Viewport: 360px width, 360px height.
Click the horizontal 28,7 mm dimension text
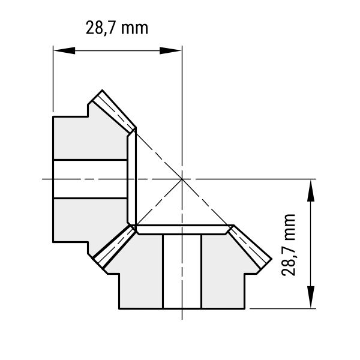point(117,28)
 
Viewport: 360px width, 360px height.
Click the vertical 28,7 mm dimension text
point(288,245)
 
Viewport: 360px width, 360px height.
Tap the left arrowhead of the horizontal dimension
point(64,50)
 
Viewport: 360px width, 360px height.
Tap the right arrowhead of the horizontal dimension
point(170,50)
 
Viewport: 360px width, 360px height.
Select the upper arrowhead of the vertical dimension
point(311,191)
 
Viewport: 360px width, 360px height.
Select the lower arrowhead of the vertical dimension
point(311,297)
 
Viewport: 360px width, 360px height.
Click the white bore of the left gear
point(90,179)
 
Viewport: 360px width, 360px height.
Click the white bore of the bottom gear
point(182,271)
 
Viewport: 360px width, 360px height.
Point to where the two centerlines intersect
point(182,179)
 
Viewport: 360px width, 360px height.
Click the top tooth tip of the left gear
point(102,90)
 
